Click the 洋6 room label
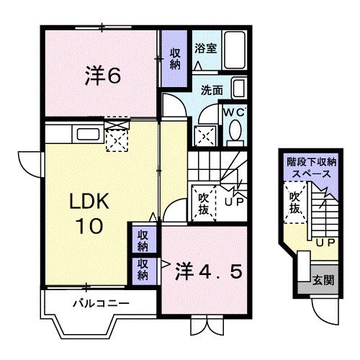click(103, 75)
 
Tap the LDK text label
click(89, 201)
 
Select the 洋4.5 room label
click(208, 271)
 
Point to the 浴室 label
click(206, 48)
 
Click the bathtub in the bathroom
click(235, 50)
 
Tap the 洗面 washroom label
click(212, 90)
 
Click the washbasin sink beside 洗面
click(239, 88)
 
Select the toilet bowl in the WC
click(235, 131)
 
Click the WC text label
click(234, 112)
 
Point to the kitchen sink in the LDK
click(88, 135)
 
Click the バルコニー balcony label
click(102, 303)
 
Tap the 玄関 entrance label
click(323, 280)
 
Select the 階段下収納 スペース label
click(312, 168)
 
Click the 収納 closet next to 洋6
click(175, 59)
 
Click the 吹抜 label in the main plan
click(203, 204)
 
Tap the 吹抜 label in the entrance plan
click(294, 203)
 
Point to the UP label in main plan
click(234, 202)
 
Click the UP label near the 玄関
click(325, 243)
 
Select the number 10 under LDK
click(89, 226)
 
